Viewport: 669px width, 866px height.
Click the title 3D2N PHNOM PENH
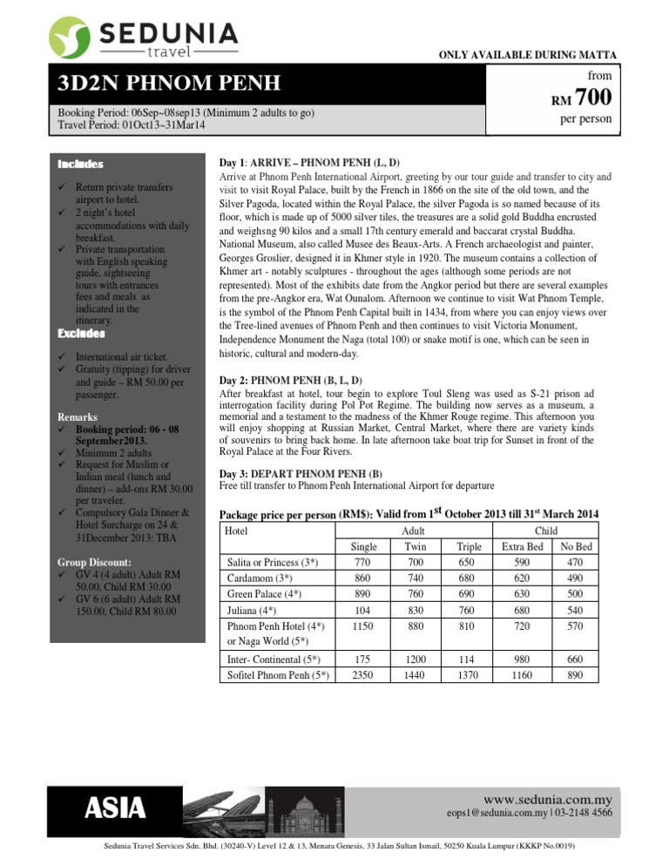[x=169, y=85]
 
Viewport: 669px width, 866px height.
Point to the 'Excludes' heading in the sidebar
[x=81, y=334]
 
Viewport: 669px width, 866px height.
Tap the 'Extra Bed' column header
[x=523, y=545]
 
